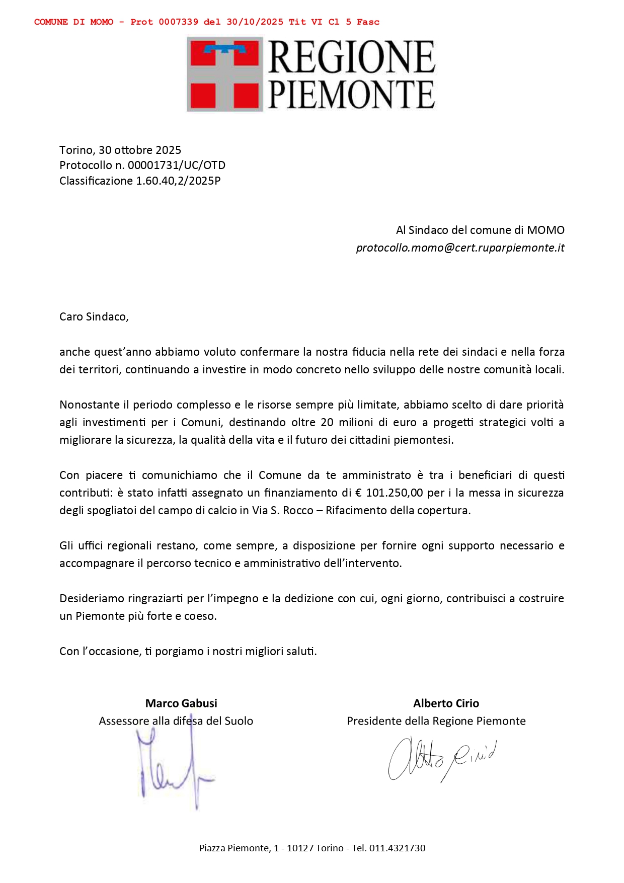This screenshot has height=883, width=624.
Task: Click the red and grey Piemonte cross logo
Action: [x=224, y=74]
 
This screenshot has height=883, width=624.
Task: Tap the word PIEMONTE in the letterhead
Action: [x=351, y=94]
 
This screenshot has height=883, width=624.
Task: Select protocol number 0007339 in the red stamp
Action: [x=178, y=22]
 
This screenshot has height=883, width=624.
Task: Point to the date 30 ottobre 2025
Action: [x=140, y=150]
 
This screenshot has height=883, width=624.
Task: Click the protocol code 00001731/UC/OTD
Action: [x=177, y=165]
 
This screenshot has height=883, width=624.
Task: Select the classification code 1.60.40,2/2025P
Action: [x=178, y=181]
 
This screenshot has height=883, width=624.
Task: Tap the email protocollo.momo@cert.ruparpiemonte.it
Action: [x=460, y=248]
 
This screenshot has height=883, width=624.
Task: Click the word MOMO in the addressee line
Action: [x=545, y=230]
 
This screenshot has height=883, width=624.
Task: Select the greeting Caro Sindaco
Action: [x=94, y=316]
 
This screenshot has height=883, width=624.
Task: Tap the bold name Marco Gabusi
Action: [x=181, y=703]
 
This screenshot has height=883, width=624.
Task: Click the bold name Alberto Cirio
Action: [x=446, y=703]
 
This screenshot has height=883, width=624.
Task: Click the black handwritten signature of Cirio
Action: [x=441, y=759]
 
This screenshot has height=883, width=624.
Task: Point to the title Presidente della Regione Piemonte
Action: [x=436, y=721]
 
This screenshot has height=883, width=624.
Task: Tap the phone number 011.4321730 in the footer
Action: [x=397, y=848]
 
